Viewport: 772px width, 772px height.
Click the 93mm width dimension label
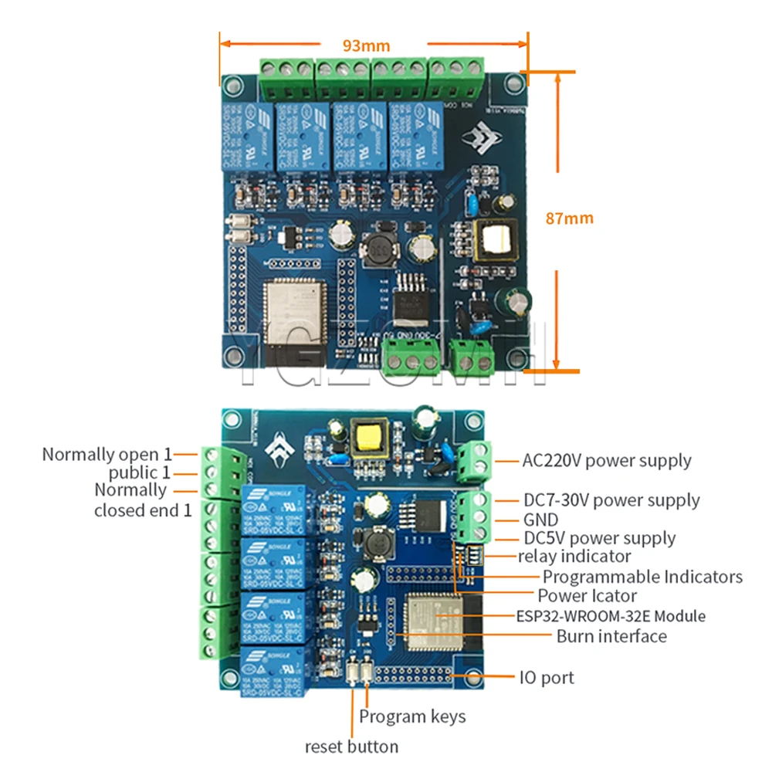367,46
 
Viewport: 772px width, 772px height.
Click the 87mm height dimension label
569,218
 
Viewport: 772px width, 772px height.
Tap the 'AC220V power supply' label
607,461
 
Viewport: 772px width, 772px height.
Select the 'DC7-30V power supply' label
611,500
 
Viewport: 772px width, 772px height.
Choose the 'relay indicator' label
574,556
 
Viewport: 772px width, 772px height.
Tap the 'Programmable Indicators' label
642,577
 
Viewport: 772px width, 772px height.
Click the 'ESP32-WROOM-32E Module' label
610,616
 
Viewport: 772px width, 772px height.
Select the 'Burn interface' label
611,636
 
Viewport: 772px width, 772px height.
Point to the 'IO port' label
546,678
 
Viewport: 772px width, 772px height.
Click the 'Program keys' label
412,716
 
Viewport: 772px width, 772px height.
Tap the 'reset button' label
351,747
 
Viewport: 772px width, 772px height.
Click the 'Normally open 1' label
107,454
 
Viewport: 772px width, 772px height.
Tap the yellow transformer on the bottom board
365,438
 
